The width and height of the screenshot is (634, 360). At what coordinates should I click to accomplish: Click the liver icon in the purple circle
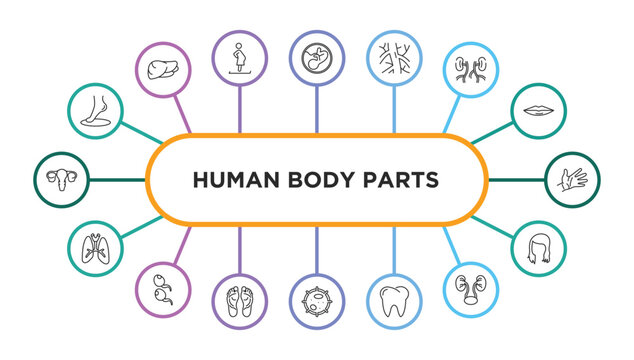163,69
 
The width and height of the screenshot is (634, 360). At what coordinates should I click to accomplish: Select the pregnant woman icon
240,57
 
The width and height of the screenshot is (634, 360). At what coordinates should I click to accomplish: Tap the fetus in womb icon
316,57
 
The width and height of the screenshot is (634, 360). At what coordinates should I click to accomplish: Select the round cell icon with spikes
316,301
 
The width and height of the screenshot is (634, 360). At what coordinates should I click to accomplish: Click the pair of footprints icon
240,301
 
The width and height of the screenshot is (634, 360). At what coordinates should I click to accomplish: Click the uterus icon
60,180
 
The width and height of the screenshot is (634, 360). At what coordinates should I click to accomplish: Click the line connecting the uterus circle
117,180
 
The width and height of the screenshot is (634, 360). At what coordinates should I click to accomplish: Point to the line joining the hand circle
517,180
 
